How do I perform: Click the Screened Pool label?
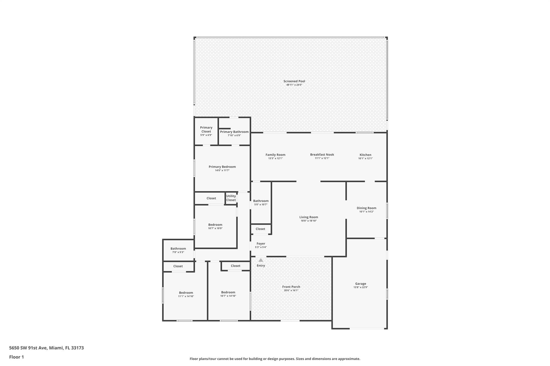click(x=294, y=81)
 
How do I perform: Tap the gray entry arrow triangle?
click(x=261, y=260)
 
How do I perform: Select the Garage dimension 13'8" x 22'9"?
click(x=360, y=287)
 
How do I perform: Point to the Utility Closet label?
click(x=231, y=198)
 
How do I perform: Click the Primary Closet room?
click(x=206, y=131)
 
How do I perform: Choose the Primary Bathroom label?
click(x=234, y=132)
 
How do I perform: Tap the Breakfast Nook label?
click(x=322, y=155)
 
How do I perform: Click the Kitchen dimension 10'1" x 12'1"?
click(x=365, y=158)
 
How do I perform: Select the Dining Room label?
click(x=366, y=208)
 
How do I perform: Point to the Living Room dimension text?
click(x=309, y=221)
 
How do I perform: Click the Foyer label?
click(x=261, y=244)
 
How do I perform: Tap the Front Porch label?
click(x=291, y=287)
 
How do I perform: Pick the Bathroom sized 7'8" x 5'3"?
click(x=178, y=250)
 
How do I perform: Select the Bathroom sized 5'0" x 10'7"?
click(x=260, y=202)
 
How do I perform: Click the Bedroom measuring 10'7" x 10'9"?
click(x=215, y=226)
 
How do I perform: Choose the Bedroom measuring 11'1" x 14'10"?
click(x=186, y=294)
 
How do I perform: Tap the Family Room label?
click(x=275, y=155)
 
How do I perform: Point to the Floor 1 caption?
click(x=16, y=357)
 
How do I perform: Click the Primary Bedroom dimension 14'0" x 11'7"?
click(x=222, y=171)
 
